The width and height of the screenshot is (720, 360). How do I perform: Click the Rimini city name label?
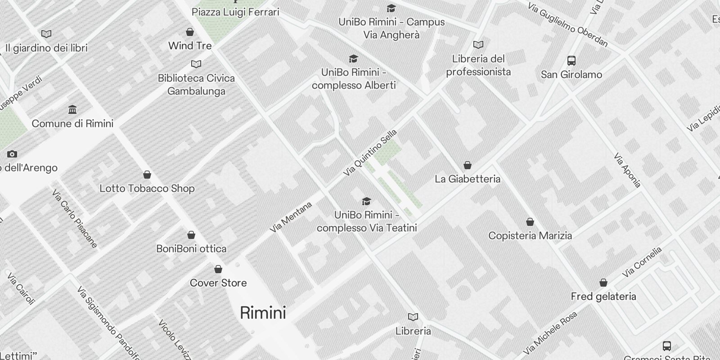tap(263, 313)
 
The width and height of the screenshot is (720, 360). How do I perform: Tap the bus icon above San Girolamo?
tap(571, 60)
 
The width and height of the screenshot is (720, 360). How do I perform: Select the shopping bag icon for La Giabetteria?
tap(468, 165)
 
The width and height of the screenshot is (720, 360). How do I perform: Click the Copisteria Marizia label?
tap(530, 236)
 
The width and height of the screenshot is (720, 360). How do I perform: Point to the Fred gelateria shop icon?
tap(603, 283)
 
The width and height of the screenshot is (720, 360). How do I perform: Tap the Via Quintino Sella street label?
tap(370, 153)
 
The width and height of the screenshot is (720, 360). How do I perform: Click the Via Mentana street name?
tap(291, 217)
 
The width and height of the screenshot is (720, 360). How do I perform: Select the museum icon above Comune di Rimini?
tap(72, 109)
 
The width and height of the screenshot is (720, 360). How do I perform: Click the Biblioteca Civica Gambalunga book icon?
tap(196, 64)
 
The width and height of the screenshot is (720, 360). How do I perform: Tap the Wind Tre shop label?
tap(190, 46)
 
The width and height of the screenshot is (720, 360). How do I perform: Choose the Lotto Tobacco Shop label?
tap(147, 189)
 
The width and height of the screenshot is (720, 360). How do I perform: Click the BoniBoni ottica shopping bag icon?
tap(191, 235)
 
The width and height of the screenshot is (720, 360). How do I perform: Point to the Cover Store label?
tap(218, 283)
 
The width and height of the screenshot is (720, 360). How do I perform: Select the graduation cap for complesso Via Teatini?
tap(367, 201)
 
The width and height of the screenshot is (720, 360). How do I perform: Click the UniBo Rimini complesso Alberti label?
tap(354, 79)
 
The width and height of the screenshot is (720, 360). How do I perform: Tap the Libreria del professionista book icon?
tap(478, 45)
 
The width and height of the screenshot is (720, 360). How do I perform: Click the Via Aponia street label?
tap(627, 170)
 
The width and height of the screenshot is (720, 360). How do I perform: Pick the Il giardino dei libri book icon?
tap(46, 34)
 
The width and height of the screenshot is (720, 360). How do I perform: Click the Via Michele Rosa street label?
tap(550, 333)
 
